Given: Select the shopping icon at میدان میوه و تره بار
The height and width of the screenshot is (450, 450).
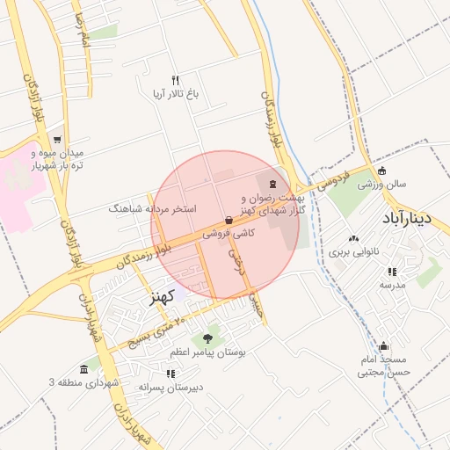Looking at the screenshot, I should [57, 140].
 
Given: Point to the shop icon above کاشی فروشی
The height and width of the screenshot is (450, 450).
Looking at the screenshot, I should [229, 221].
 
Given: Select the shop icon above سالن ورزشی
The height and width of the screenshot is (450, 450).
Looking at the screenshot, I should [381, 171].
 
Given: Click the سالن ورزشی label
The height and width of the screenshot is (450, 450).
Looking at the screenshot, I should [381, 185].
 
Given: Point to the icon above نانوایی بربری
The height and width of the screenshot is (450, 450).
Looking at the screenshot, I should [353, 238].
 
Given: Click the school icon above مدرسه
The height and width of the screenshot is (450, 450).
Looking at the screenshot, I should [392, 272].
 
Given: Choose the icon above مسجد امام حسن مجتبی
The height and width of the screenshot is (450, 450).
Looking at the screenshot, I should [383, 345].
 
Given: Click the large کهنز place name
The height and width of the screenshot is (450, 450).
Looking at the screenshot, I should [158, 295].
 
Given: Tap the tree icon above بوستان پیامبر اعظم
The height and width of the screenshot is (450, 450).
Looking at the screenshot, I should [208, 337].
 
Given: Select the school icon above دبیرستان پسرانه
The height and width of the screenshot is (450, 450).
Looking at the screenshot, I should [170, 374].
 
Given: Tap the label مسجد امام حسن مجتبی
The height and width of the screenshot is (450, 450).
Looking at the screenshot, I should [383, 366].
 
